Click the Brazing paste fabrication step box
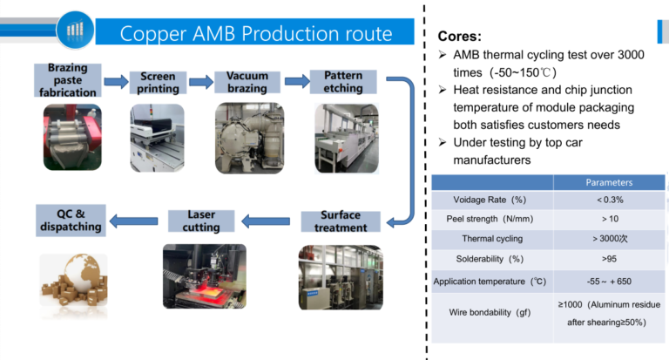point(68,80)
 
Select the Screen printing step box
point(158,83)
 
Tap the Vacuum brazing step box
point(247,82)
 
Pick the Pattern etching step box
point(342,82)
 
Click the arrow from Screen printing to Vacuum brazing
point(201,83)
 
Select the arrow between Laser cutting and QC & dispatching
point(135,221)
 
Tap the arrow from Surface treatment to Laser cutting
point(270,221)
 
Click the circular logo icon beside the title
point(74,31)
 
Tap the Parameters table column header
point(609,182)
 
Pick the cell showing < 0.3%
point(609,200)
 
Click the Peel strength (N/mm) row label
point(491,219)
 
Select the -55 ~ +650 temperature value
point(609,282)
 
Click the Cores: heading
point(459,37)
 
